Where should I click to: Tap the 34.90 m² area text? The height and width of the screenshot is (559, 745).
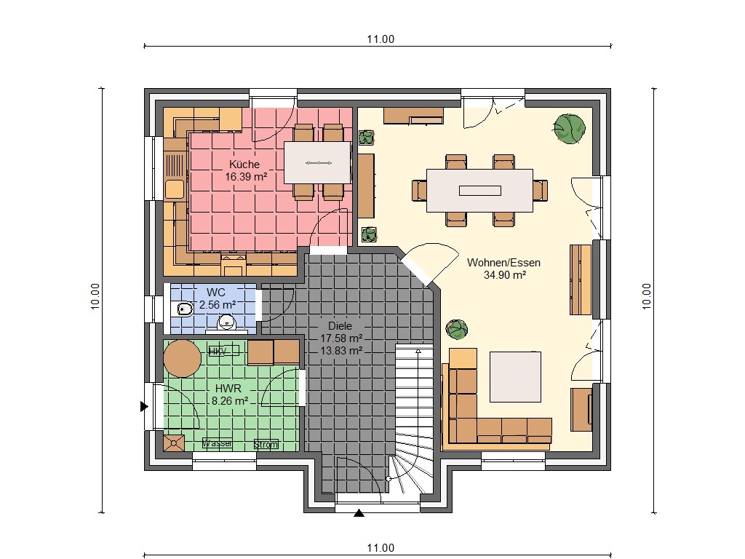point(504,275)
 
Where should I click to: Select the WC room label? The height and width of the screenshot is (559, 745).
point(217,292)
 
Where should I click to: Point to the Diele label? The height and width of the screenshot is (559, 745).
point(340,326)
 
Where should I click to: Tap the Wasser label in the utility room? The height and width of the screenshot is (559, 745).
point(218,443)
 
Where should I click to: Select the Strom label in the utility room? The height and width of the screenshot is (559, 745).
point(266,444)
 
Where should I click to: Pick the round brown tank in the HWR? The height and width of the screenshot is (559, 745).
point(182,359)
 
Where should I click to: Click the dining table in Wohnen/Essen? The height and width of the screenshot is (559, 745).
point(479,191)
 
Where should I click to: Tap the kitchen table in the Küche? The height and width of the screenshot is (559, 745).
point(318,162)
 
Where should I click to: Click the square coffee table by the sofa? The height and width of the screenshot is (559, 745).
point(515,376)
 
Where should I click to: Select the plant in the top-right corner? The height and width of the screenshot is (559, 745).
point(568,128)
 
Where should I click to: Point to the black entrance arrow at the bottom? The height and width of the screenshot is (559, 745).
point(359,513)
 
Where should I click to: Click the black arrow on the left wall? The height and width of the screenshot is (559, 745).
point(144,407)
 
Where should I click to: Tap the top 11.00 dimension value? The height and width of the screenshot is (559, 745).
point(380,39)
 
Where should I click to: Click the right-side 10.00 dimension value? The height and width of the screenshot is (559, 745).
point(647,296)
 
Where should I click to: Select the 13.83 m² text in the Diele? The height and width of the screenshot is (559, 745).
point(341,350)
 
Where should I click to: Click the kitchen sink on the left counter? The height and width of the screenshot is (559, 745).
point(174,190)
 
